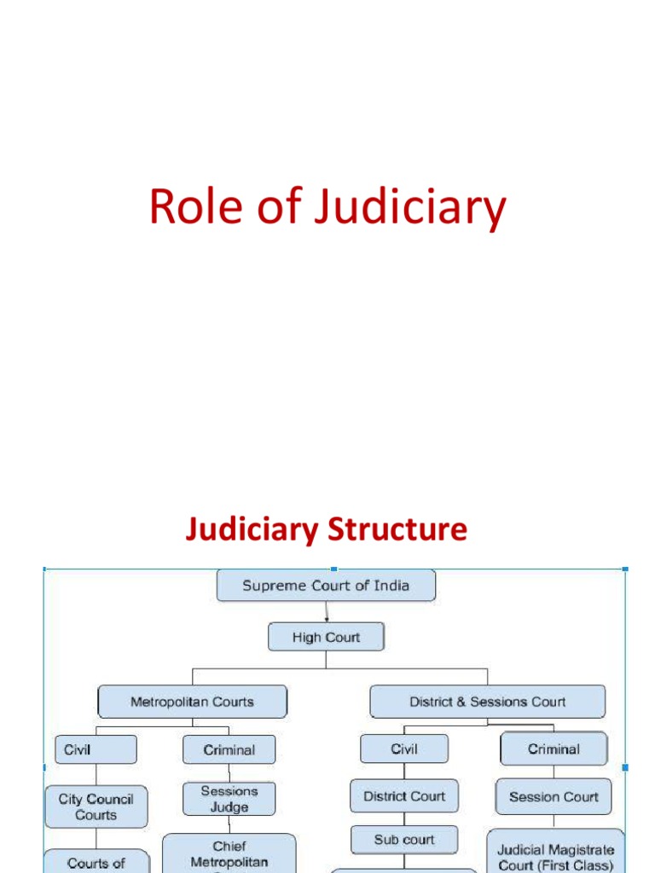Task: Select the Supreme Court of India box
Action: click(x=326, y=586)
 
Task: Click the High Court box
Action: click(x=326, y=637)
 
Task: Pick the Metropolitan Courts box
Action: click(x=192, y=702)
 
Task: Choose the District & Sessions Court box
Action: click(x=487, y=702)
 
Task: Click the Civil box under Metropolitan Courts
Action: click(x=96, y=749)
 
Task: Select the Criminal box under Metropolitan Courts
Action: click(x=229, y=749)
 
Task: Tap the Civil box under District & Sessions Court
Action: click(x=403, y=749)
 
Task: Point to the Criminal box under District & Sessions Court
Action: click(x=554, y=749)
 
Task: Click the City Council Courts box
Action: click(x=96, y=807)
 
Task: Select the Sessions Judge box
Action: click(x=229, y=799)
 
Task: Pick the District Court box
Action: click(x=403, y=796)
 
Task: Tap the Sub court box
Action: click(x=403, y=840)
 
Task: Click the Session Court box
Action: click(x=554, y=797)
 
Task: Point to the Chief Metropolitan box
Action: click(x=229, y=853)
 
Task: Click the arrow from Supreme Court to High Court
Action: click(x=326, y=612)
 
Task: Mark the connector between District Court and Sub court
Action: click(x=403, y=819)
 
